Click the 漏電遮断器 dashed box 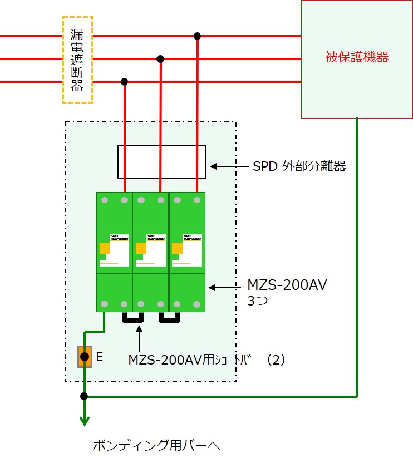click(x=77, y=60)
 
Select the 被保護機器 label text click(x=356, y=57)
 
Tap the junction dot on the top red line click(x=197, y=36)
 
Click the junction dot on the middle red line click(x=160, y=58)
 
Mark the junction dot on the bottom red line click(x=124, y=82)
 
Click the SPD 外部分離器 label click(x=299, y=166)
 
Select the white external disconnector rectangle click(x=162, y=162)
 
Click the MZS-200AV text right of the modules click(x=287, y=286)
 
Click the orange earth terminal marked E click(x=84, y=357)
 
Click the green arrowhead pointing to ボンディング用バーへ click(x=84, y=421)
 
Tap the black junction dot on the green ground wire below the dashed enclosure click(x=84, y=396)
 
